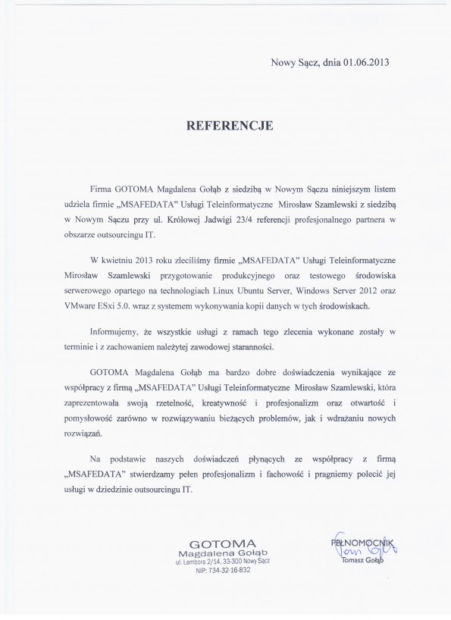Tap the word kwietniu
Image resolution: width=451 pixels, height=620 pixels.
coord(124,259)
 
